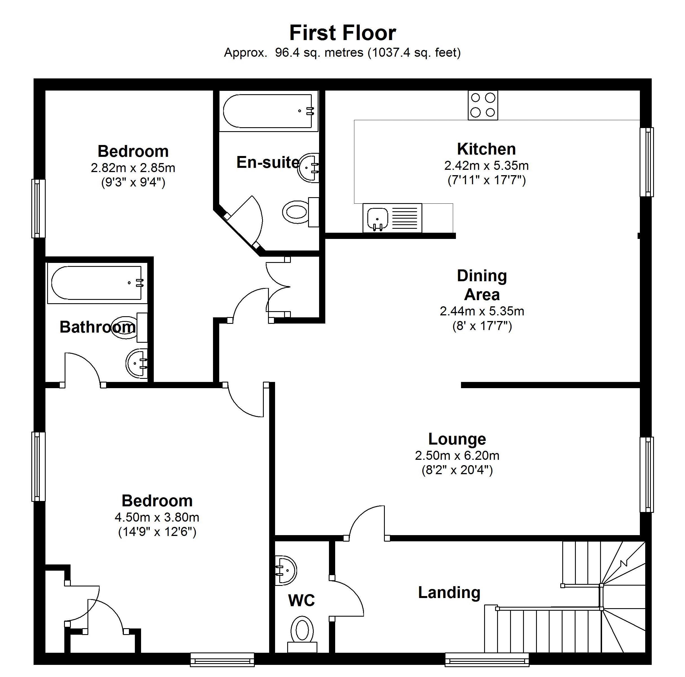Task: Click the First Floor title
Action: tap(342, 33)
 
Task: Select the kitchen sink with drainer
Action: tap(392, 218)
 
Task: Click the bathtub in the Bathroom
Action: tap(98, 283)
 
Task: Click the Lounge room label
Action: tap(457, 439)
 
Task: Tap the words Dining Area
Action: tap(482, 285)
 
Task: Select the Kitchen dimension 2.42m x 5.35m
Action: tap(486, 166)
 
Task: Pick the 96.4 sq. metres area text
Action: tap(319, 53)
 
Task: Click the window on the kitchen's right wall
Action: tap(647, 162)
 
